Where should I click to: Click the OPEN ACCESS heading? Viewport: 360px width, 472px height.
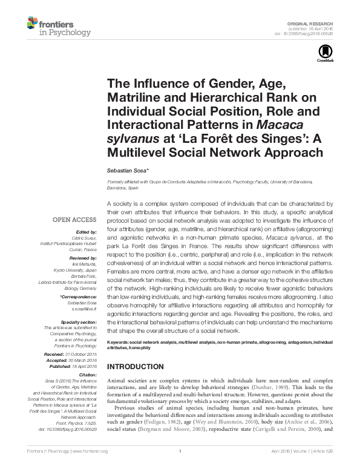[75, 220]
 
